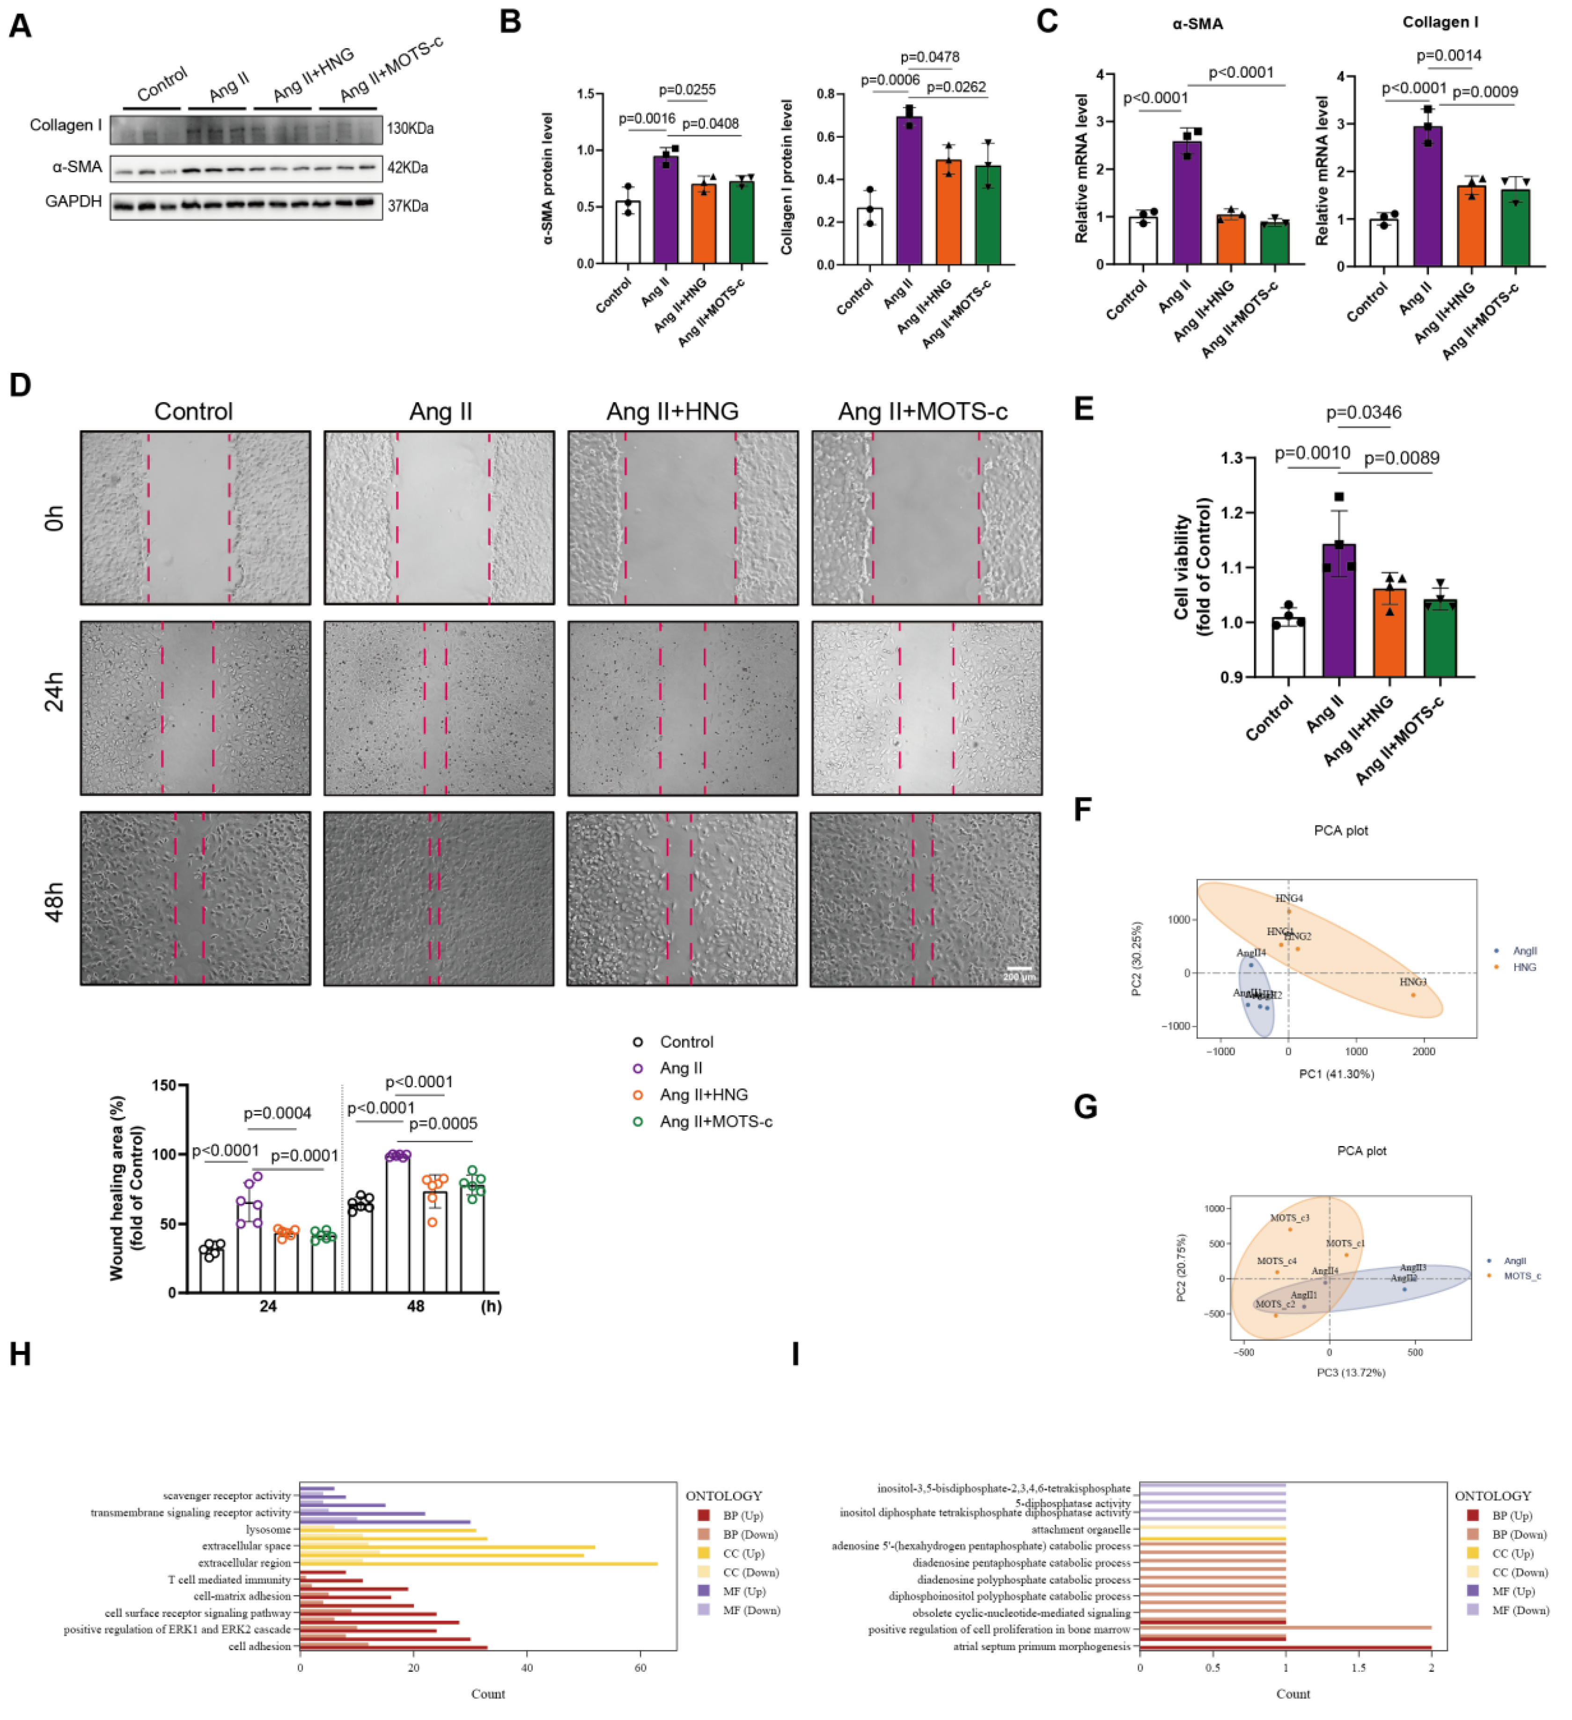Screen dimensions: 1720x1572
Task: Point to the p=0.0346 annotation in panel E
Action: pyautogui.click(x=1363, y=413)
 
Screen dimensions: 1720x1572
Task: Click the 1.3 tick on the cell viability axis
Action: pyautogui.click(x=1231, y=458)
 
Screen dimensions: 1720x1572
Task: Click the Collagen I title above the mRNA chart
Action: pyautogui.click(x=1440, y=22)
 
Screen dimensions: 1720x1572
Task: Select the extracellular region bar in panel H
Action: pyautogui.click(x=477, y=1564)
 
